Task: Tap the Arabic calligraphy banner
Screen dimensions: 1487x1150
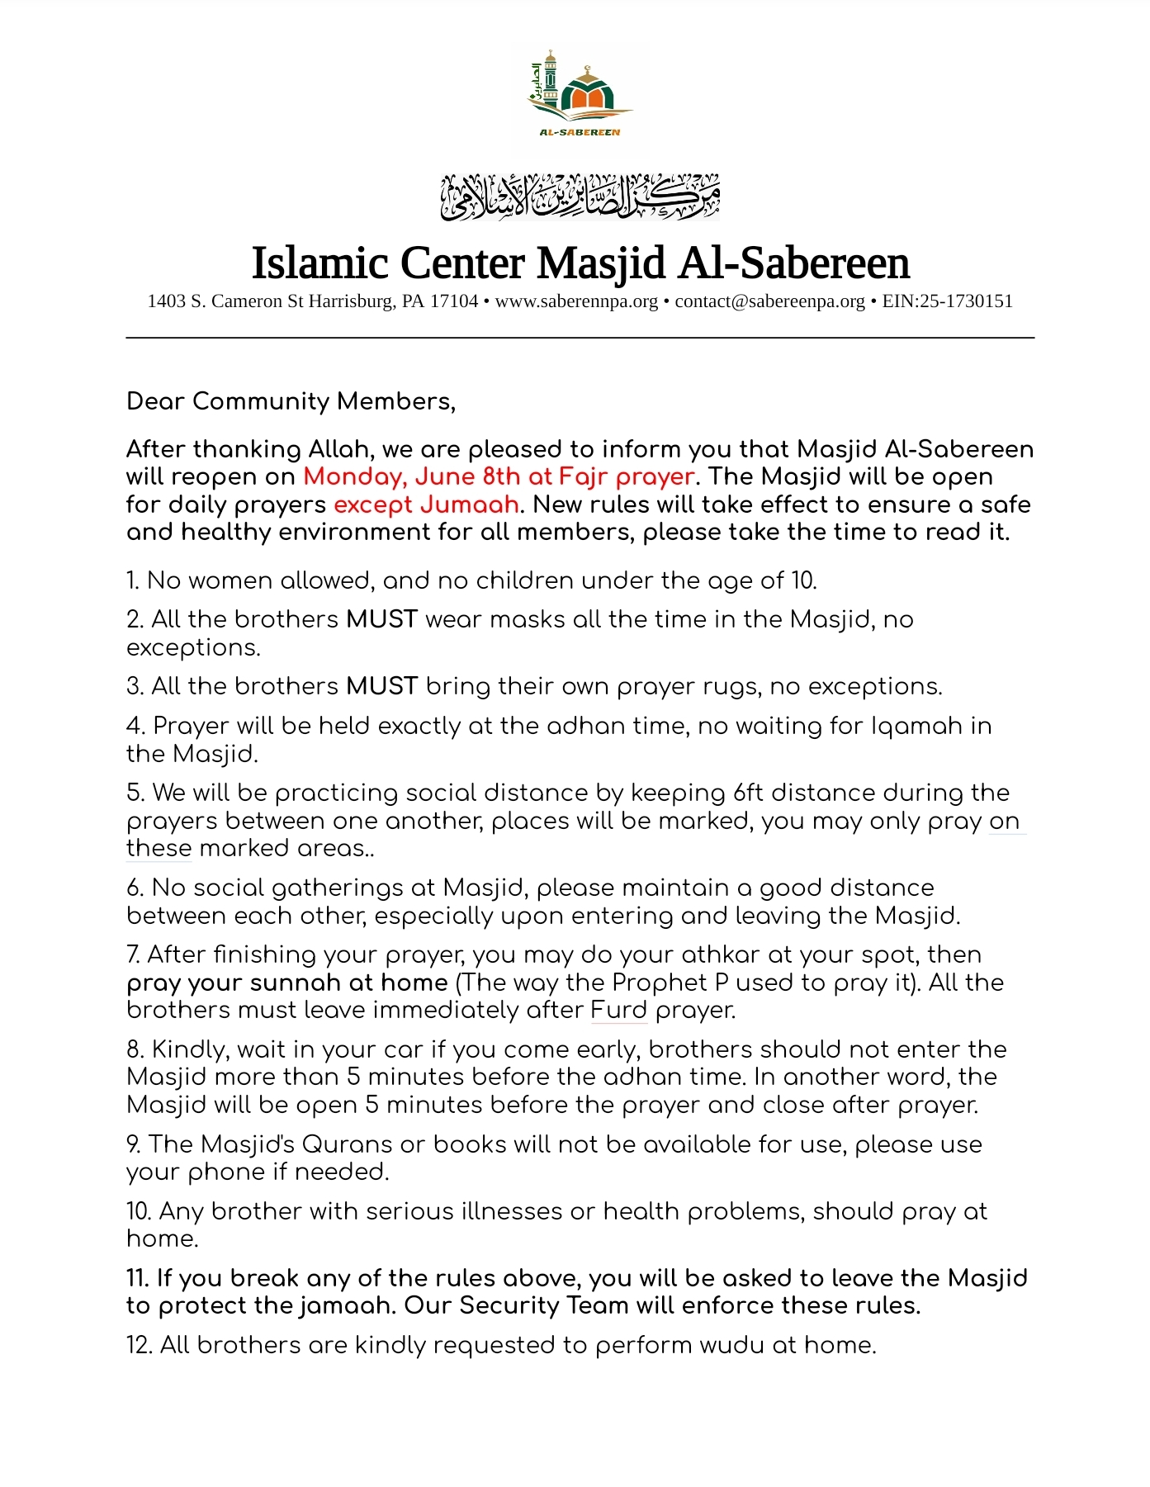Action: pyautogui.click(x=580, y=197)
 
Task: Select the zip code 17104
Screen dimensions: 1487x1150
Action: pyautogui.click(x=454, y=301)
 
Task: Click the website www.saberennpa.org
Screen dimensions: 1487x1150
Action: pyautogui.click(x=576, y=301)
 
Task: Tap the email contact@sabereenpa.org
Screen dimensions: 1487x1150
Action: pyautogui.click(x=769, y=301)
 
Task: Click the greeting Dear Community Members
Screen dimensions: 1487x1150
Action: pyautogui.click(x=291, y=401)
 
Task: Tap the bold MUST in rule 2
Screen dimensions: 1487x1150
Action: pyautogui.click(x=381, y=619)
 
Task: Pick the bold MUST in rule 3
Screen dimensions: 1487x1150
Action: pyautogui.click(x=381, y=686)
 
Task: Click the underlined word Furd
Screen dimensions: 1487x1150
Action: pyautogui.click(x=618, y=1010)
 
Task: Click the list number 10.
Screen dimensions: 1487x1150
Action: pyautogui.click(x=138, y=1211)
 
